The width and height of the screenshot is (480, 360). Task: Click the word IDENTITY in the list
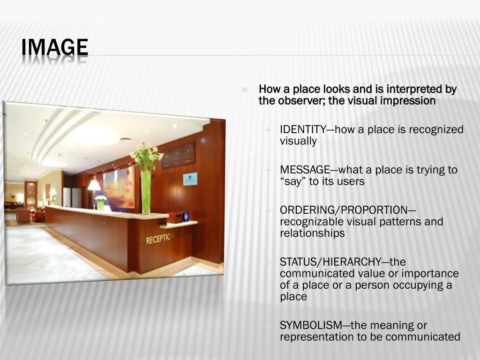[x=302, y=130]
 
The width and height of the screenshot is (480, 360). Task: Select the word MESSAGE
[x=305, y=170]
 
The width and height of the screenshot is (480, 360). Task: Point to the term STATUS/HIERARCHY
[x=330, y=262]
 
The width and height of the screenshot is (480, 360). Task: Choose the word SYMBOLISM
[x=307, y=325]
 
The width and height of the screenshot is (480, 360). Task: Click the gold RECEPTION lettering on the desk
[x=160, y=238]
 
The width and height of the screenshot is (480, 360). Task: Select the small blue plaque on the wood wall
[x=190, y=179]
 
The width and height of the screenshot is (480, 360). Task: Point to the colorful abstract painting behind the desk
[x=118, y=187]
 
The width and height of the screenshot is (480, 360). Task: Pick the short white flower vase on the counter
[x=101, y=205]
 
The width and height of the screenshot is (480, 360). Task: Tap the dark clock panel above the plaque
[x=178, y=155]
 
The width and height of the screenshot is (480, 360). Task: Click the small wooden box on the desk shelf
[x=174, y=217]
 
